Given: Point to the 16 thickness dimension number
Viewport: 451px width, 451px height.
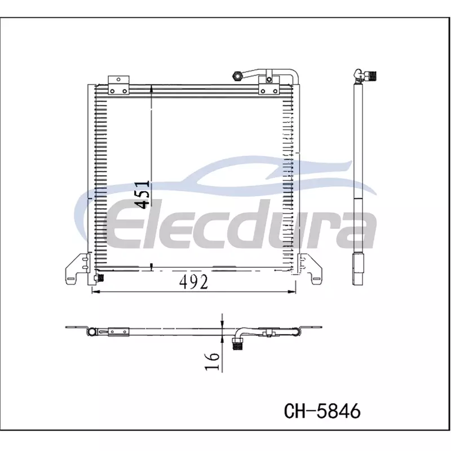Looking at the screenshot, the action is point(213,361).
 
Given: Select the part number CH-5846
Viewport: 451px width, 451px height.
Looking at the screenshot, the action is point(322,411).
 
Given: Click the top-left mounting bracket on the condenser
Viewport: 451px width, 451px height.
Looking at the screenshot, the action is point(118,85).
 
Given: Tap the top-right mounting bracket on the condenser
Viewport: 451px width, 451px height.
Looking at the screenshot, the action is point(269,85).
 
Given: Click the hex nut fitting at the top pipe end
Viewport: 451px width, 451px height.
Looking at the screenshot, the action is point(237,76).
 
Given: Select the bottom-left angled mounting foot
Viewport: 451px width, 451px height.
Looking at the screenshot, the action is point(77,269).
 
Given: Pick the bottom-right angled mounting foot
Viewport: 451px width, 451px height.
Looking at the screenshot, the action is point(310,269).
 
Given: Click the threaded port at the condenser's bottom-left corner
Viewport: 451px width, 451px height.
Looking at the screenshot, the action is point(99,278).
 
